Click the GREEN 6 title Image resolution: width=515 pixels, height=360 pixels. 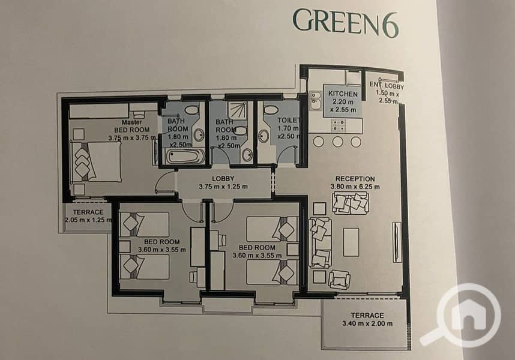click(346, 23)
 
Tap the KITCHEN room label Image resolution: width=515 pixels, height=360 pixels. click(343, 94)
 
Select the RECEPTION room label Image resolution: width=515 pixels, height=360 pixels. click(355, 179)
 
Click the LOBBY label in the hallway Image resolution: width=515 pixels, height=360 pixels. click(223, 179)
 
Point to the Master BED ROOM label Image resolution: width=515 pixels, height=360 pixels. click(132, 126)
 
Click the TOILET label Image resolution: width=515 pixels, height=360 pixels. click(288, 121)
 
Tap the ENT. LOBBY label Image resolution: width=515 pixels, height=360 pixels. click(387, 85)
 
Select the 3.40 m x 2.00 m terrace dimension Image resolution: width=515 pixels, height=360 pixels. click(367, 323)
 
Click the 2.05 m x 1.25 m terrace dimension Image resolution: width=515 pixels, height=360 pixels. click(88, 220)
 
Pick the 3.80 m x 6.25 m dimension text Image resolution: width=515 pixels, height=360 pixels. click(355, 187)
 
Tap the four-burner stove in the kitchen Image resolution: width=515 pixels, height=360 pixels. click(339, 125)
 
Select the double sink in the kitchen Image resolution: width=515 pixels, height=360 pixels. click(316, 100)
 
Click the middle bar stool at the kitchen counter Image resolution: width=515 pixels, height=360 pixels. click(338, 142)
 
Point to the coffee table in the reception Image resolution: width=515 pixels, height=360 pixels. click(351, 242)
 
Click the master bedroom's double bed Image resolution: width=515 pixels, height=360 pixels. click(96, 161)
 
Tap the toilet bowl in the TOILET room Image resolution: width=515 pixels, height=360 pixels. click(271, 110)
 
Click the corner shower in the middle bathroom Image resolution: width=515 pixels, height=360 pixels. click(238, 110)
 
